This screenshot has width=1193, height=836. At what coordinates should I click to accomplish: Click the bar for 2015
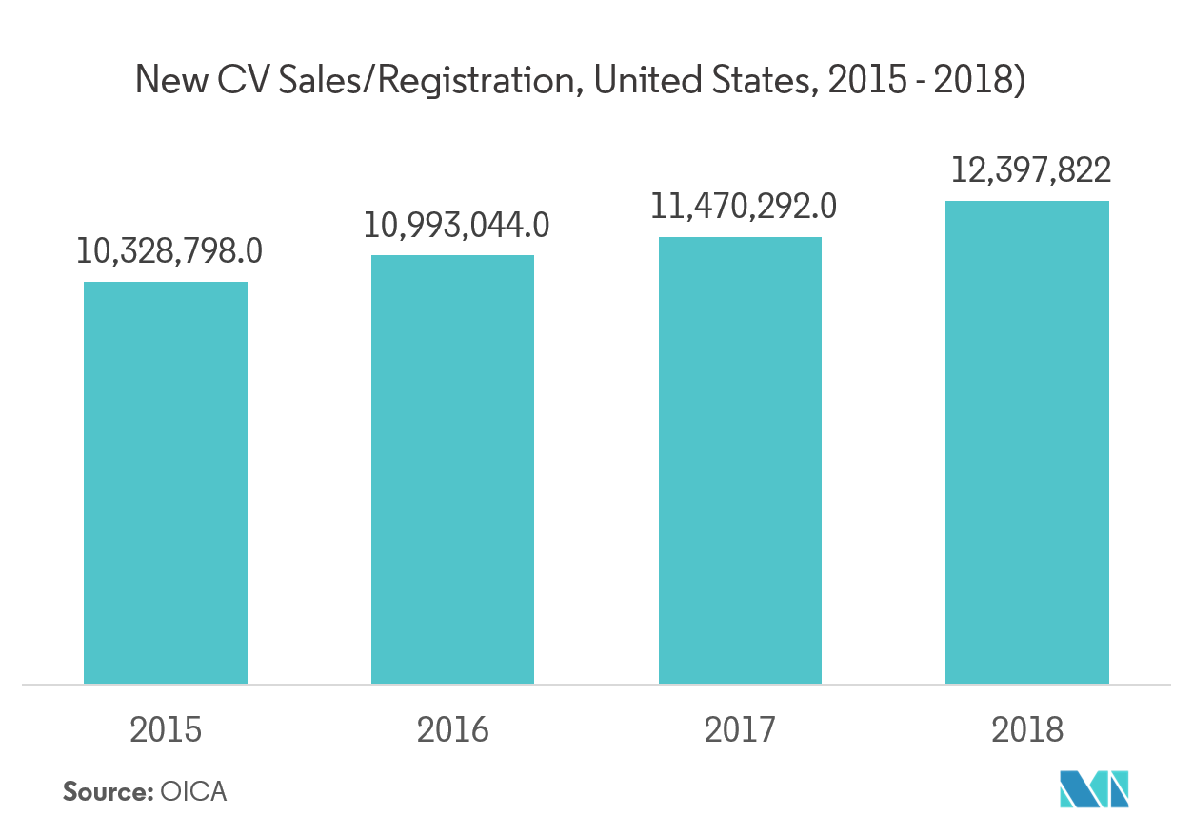point(166,483)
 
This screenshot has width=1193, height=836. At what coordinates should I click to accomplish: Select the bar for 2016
point(452,469)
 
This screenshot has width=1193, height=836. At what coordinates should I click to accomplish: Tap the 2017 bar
point(740,460)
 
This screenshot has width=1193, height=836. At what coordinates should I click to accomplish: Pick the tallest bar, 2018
point(1027,442)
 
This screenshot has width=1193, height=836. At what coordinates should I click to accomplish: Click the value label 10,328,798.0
point(169,251)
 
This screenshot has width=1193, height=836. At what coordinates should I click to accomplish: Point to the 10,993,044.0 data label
point(456,225)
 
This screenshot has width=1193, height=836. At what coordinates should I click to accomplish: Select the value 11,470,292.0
point(744,207)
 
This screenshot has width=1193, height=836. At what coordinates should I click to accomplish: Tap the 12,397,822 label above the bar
point(1031,170)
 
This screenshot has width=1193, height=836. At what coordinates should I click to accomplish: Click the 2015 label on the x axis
point(166,729)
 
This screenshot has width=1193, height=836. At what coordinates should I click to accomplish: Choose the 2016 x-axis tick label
point(452,729)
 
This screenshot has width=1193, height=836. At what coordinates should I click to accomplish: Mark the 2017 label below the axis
point(740,729)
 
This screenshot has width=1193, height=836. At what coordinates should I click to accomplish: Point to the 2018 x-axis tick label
point(1027,729)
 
